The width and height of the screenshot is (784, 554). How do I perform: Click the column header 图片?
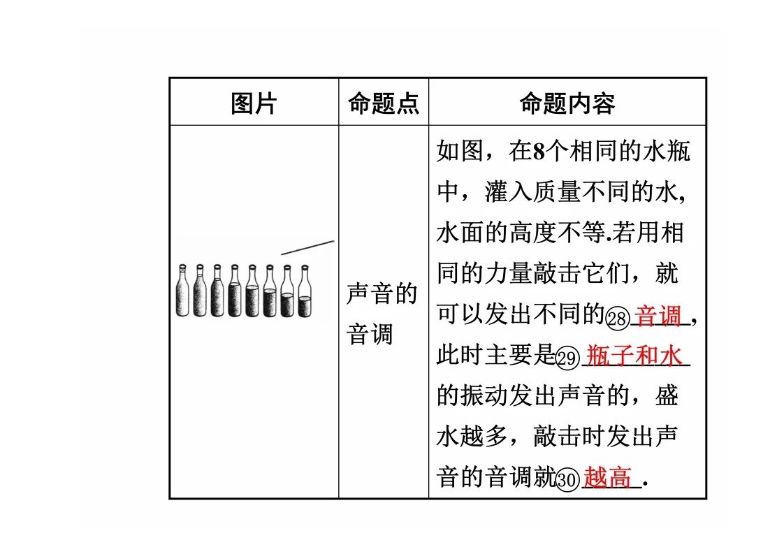coord(254,103)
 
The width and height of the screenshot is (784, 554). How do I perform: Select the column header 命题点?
coord(384,103)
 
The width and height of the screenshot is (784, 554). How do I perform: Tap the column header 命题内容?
coord(567,103)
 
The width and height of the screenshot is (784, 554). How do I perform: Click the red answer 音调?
coord(658,316)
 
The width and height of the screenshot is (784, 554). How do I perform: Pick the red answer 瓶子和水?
coord(634,356)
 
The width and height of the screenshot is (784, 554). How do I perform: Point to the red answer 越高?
coord(607,477)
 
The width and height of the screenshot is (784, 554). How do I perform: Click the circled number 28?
coord(618,318)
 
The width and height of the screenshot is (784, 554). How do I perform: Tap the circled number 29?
coord(567,358)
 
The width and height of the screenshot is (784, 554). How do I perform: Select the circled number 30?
coord(567,479)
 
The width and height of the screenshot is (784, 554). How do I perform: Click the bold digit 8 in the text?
coord(539,152)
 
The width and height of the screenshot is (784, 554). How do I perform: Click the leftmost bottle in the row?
coord(182,291)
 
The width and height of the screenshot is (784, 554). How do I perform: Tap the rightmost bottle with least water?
coord(305,291)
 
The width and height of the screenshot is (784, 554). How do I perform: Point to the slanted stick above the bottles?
coord(307,247)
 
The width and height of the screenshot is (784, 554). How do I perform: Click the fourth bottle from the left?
coord(235,291)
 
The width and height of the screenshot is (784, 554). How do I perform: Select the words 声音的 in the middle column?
coord(382,293)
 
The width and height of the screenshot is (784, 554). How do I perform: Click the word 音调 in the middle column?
coord(370,334)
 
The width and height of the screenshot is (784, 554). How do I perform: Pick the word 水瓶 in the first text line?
coord(666,151)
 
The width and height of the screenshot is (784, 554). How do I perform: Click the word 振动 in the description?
coord(484,395)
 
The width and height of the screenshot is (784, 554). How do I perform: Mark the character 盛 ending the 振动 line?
coord(666,395)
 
